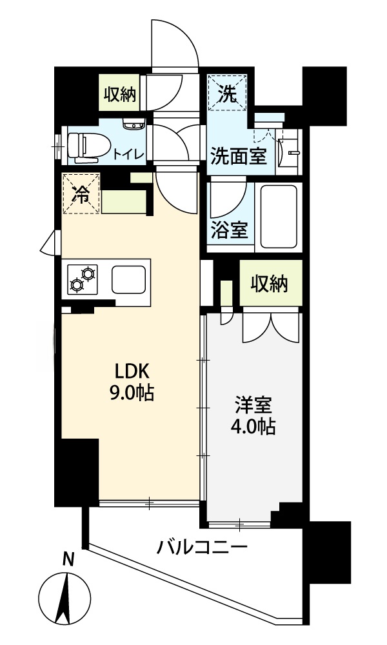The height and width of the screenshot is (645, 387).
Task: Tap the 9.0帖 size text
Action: coord(132,393)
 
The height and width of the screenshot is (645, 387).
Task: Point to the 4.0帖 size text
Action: coord(253,427)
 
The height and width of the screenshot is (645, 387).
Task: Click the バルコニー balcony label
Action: coord(202,549)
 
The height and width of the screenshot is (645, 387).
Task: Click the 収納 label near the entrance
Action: coord(120,95)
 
